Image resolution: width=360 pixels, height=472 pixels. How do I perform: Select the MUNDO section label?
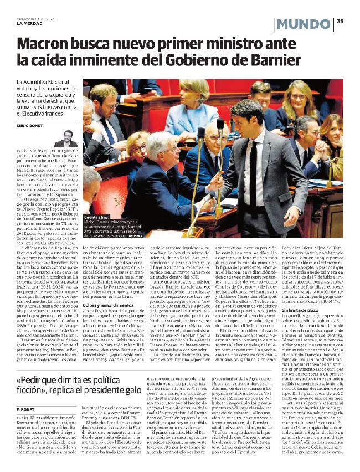303,24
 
